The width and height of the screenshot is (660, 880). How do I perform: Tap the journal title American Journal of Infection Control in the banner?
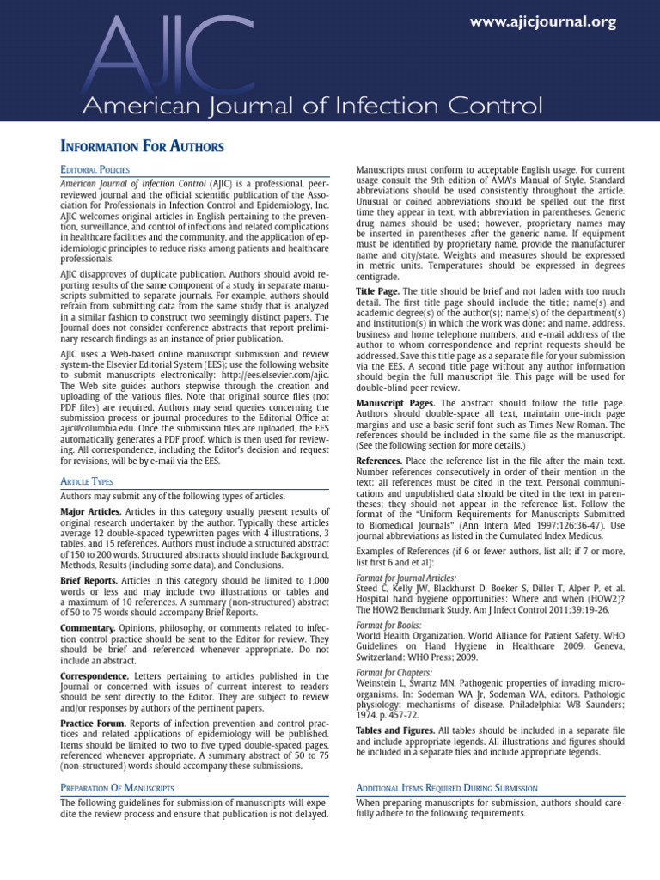[312, 107]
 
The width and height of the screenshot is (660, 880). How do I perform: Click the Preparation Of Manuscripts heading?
[117, 787]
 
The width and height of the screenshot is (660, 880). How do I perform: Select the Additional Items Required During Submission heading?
[446, 787]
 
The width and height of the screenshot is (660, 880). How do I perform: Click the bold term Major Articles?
[90, 511]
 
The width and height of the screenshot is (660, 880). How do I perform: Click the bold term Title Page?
[378, 292]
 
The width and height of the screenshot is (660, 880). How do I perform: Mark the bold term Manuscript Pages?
[395, 403]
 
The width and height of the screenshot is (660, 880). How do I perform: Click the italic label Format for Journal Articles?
[406, 578]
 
